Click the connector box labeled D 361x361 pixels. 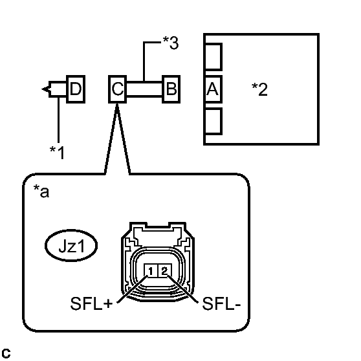click(x=76, y=89)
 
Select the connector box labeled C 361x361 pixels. click(x=117, y=89)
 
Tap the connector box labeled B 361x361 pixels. click(x=171, y=89)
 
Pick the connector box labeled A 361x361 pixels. click(x=213, y=89)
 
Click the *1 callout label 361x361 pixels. click(x=58, y=153)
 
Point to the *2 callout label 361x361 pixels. click(x=259, y=89)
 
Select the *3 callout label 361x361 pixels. click(x=170, y=43)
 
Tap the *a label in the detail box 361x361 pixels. click(x=41, y=191)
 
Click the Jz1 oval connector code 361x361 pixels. click(x=71, y=245)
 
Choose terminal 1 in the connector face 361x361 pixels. click(x=151, y=270)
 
